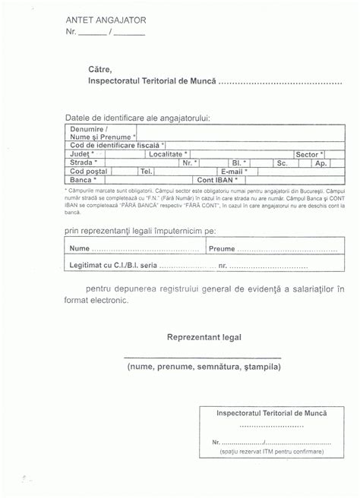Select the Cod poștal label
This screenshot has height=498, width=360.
pos(86,171)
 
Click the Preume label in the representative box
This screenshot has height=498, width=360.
pos(221,248)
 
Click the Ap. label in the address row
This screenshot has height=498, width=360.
pos(321,162)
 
